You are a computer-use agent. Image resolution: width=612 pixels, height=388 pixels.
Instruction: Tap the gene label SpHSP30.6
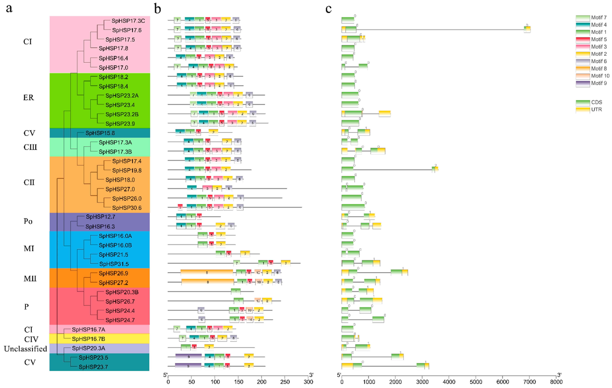click(x=127, y=208)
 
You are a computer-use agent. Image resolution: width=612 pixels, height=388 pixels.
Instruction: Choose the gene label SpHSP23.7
click(x=93, y=367)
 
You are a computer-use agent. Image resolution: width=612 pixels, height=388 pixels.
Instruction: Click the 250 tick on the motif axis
click(x=285, y=382)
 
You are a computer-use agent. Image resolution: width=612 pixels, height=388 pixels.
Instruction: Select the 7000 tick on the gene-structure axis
click(x=529, y=382)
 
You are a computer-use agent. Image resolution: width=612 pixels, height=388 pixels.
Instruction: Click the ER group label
click(x=29, y=98)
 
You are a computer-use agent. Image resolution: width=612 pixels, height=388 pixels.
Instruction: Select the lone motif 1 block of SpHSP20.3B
click(x=236, y=292)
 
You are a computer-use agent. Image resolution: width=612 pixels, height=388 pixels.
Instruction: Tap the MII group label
click(x=30, y=279)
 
